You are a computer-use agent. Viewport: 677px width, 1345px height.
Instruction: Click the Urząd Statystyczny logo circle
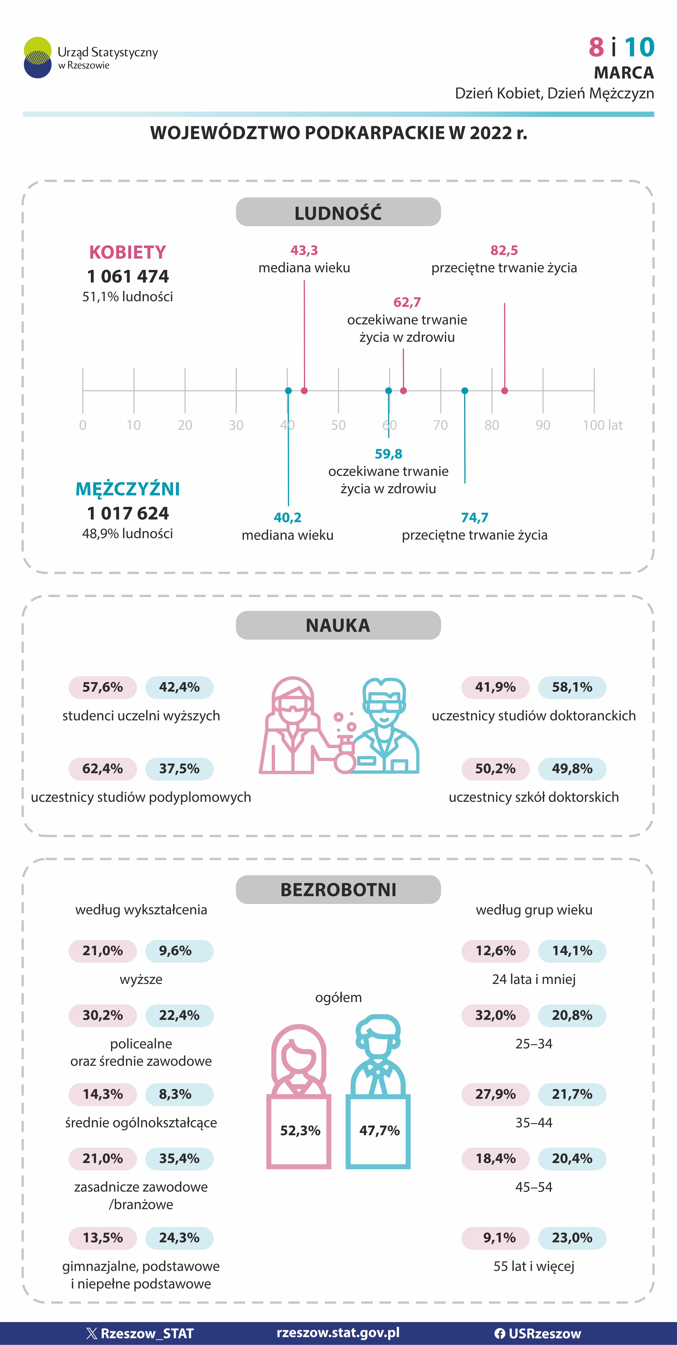[x=38, y=58]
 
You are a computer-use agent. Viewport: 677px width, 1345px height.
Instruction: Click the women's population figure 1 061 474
[x=128, y=276]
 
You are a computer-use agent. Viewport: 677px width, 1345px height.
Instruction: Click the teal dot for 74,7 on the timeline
[x=465, y=391]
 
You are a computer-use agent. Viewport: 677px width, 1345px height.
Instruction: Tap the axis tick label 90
[x=543, y=425]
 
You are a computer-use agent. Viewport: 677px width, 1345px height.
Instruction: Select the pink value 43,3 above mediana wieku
[x=304, y=251]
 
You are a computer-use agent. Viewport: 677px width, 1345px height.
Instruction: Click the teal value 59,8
[x=388, y=454]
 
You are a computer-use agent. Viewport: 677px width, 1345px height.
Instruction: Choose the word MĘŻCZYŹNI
[x=128, y=489]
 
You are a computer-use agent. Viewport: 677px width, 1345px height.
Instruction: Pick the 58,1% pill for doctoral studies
[x=572, y=687]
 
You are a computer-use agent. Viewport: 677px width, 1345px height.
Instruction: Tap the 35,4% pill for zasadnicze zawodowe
[x=179, y=1159]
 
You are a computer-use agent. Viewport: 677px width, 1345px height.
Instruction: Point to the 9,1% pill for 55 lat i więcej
[x=495, y=1238]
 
